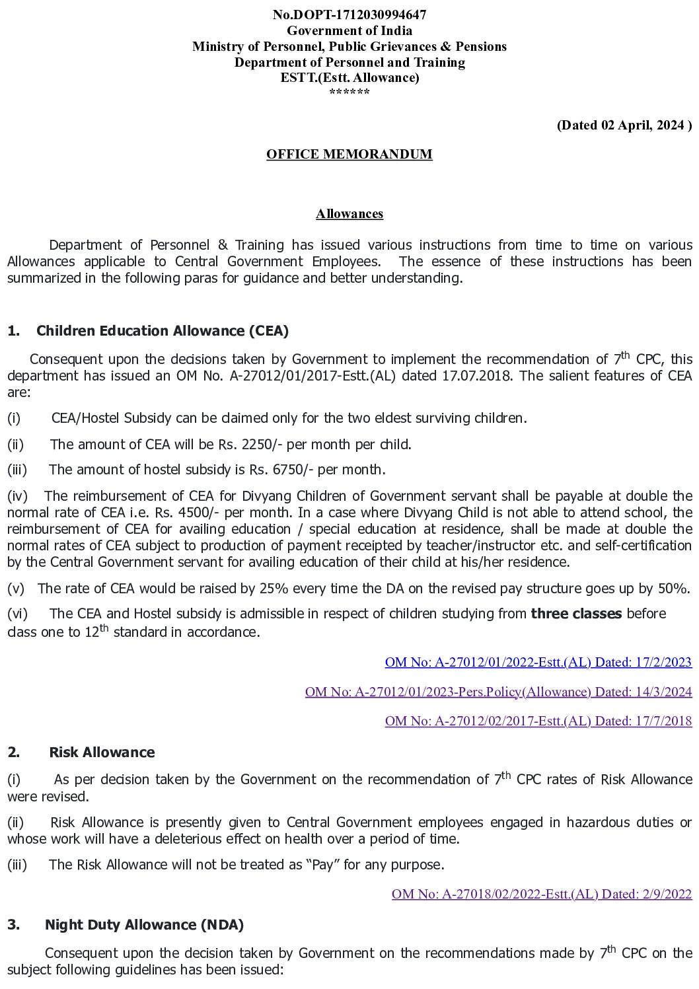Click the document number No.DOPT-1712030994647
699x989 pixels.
click(349, 15)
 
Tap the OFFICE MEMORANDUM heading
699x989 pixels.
click(349, 154)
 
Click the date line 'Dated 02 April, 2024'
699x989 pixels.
click(624, 126)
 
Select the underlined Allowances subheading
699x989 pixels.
click(349, 213)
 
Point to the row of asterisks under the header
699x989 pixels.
click(349, 92)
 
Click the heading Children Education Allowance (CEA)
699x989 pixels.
click(163, 331)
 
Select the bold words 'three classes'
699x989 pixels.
click(576, 614)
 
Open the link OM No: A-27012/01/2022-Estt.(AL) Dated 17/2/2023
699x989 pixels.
click(538, 662)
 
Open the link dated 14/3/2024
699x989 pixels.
click(498, 692)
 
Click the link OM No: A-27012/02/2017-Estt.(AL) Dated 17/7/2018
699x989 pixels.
click(538, 721)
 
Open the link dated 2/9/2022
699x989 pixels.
click(542, 894)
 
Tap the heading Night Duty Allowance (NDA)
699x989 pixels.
click(144, 925)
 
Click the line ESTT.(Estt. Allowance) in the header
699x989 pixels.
click(349, 77)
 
